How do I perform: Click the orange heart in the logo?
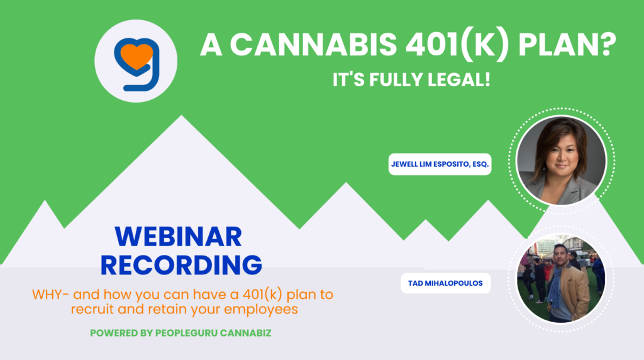point(136,55)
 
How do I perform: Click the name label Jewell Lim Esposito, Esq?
point(440,164)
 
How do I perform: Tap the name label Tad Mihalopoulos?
point(446,283)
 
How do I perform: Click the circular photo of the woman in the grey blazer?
point(561,160)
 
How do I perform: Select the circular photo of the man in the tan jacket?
point(561,279)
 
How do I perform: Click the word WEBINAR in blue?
point(178,237)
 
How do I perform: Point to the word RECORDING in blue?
point(181,265)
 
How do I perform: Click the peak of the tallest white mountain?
point(182,116)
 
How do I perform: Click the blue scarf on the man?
point(557,286)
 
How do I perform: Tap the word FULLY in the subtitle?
point(395,80)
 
